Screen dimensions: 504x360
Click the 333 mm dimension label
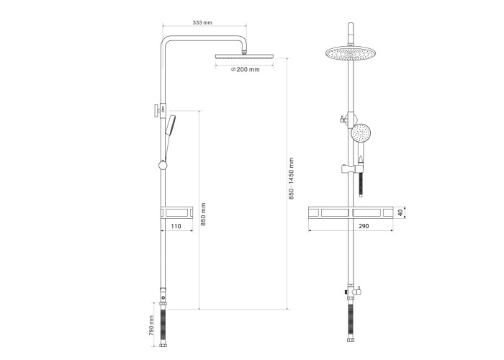point(202,22)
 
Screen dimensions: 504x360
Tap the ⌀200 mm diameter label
point(246,69)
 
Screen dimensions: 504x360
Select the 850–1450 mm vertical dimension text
point(291,179)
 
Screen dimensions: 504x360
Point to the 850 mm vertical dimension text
point(203,214)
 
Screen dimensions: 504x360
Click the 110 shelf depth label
point(176,226)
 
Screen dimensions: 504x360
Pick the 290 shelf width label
point(364,226)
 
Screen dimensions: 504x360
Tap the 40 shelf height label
point(400,212)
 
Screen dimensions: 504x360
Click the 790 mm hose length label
point(152,325)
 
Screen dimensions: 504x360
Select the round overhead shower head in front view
point(351,53)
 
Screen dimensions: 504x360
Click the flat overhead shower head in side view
point(244,56)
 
